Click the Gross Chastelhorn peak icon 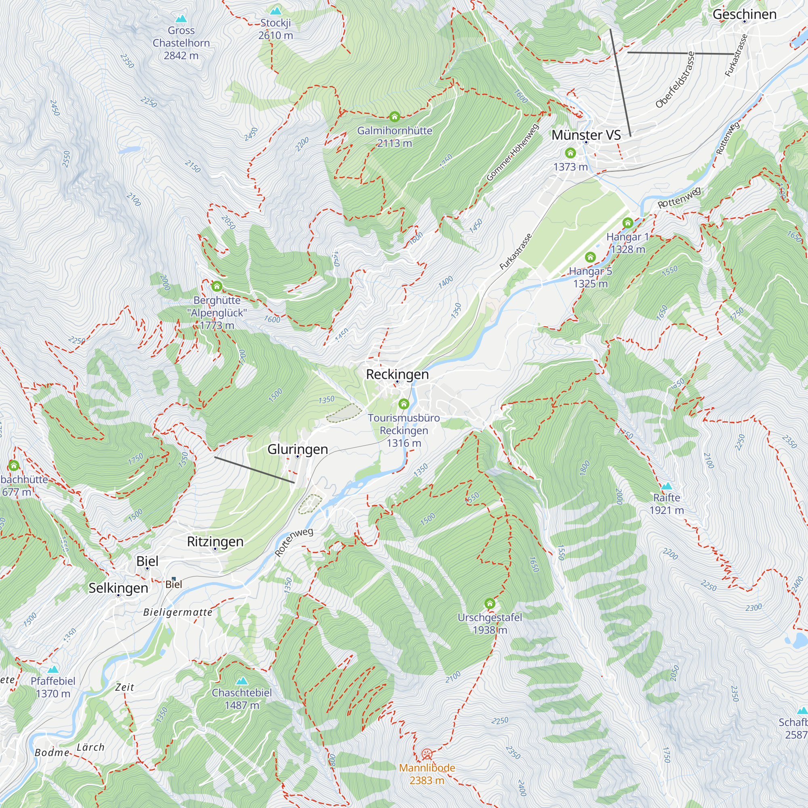pyautogui.click(x=181, y=19)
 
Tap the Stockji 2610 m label pyautogui.click(x=276, y=29)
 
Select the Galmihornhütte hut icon pyautogui.click(x=394, y=116)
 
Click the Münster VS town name pyautogui.click(x=586, y=135)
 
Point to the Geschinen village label pyautogui.click(x=745, y=14)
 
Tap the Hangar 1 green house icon pyautogui.click(x=627, y=223)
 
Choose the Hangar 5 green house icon pyautogui.click(x=590, y=257)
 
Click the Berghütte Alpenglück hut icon pyautogui.click(x=217, y=286)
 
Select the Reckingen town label pyautogui.click(x=397, y=375)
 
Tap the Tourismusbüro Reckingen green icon pyautogui.click(x=404, y=404)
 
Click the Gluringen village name pyautogui.click(x=297, y=449)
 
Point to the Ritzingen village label pyautogui.click(x=215, y=542)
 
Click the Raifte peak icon pyautogui.click(x=667, y=486)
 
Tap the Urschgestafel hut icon pyautogui.click(x=490, y=604)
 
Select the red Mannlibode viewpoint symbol pyautogui.click(x=427, y=754)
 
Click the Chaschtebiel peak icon pyautogui.click(x=242, y=681)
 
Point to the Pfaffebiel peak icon pyautogui.click(x=53, y=669)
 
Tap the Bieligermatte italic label pyautogui.click(x=178, y=612)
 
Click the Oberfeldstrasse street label pyautogui.click(x=675, y=80)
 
